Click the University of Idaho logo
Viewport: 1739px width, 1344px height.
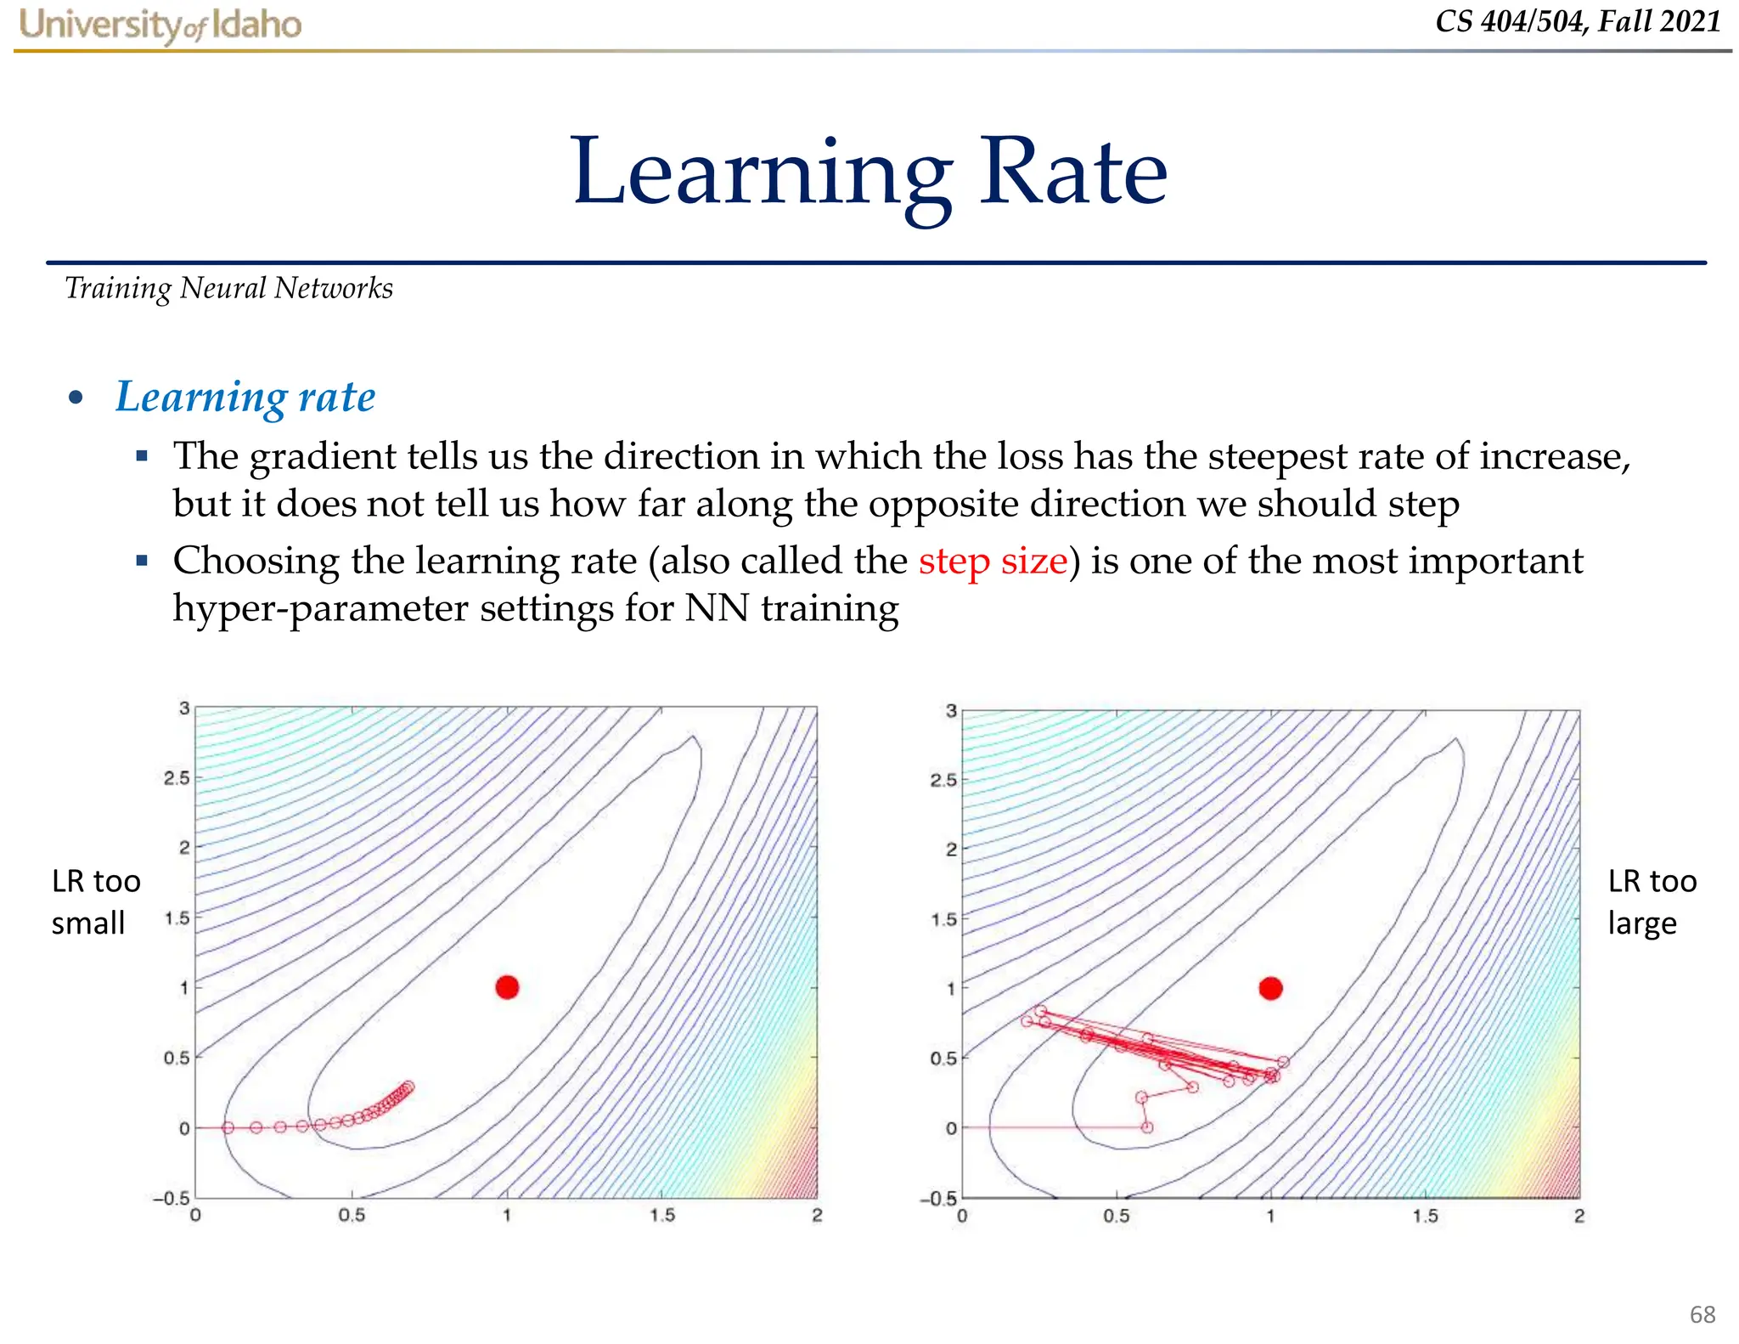coord(160,25)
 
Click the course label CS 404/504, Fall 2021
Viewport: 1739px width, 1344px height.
coord(1578,21)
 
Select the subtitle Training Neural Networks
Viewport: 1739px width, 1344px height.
coord(228,289)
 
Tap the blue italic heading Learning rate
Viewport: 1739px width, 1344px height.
coord(245,397)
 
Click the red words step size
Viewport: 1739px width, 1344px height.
coord(993,562)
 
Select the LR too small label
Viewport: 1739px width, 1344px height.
coord(95,902)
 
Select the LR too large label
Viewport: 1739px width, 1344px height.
coord(1652,902)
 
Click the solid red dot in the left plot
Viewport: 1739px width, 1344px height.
coord(507,987)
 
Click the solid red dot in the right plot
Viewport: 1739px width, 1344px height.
coord(1270,988)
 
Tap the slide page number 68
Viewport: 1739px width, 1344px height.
coord(1702,1314)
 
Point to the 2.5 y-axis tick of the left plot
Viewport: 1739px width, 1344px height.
coord(177,778)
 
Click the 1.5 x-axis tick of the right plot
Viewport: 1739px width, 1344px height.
coord(1425,1217)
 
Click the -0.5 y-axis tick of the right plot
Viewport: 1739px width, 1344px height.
coord(937,1199)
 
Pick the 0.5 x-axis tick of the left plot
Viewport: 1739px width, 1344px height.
coord(352,1216)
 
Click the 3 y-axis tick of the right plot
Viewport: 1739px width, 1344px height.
coord(951,711)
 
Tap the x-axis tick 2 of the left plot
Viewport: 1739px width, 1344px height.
coord(816,1216)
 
